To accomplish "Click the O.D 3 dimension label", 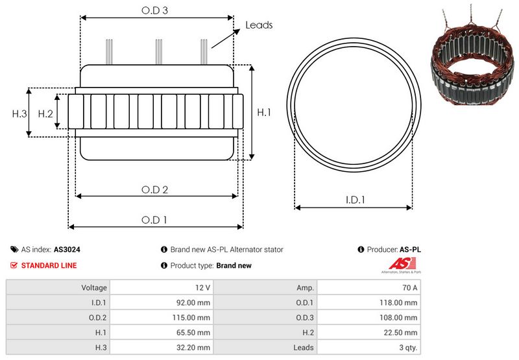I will click(155, 10).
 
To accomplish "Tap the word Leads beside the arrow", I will click(259, 25).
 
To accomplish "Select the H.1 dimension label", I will click(264, 112).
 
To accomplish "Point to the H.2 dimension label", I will click(45, 114).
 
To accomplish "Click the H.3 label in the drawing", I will click(19, 114).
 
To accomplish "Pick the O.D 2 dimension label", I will click(155, 190).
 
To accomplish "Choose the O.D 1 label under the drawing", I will click(154, 220).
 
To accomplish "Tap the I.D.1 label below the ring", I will click(354, 200).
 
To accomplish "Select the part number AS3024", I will click(67, 249).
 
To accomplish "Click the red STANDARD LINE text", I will click(49, 265).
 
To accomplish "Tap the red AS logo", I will click(397, 263).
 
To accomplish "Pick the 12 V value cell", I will click(202, 287).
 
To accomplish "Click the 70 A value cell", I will click(409, 287).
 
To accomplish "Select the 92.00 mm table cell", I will click(193, 302).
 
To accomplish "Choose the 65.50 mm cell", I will click(193, 332).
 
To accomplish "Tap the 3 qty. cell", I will click(407, 347).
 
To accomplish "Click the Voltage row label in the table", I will click(94, 287).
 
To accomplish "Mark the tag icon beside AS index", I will click(14, 249).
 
